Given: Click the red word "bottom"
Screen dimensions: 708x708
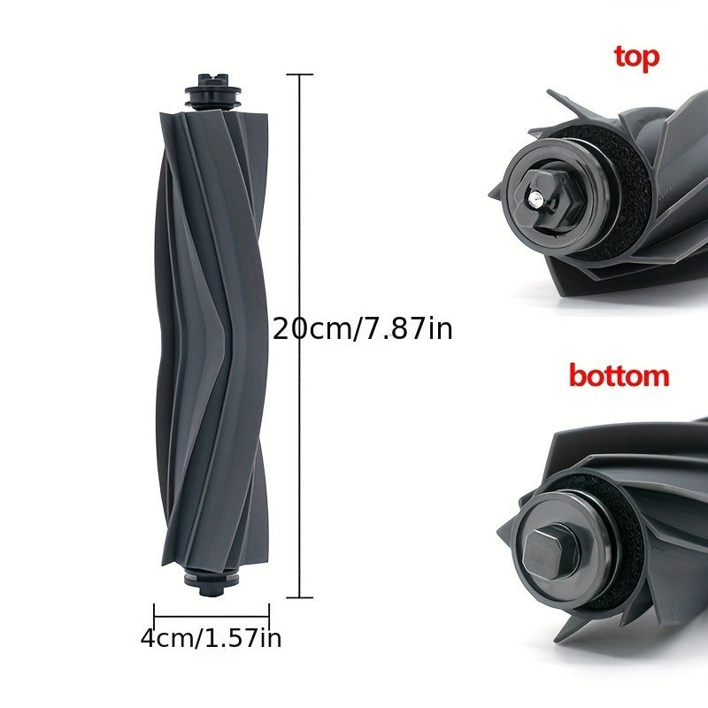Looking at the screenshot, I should [619, 375].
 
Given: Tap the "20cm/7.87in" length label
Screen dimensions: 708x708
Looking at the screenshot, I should [362, 329].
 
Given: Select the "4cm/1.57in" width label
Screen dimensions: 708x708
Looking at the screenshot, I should [211, 637].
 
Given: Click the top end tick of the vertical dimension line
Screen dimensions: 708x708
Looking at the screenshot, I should [300, 75].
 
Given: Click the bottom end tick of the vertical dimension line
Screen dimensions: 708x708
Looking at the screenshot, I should [300, 597].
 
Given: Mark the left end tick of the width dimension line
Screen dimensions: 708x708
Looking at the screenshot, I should [154, 611].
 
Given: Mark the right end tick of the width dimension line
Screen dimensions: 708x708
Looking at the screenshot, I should [268, 611].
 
